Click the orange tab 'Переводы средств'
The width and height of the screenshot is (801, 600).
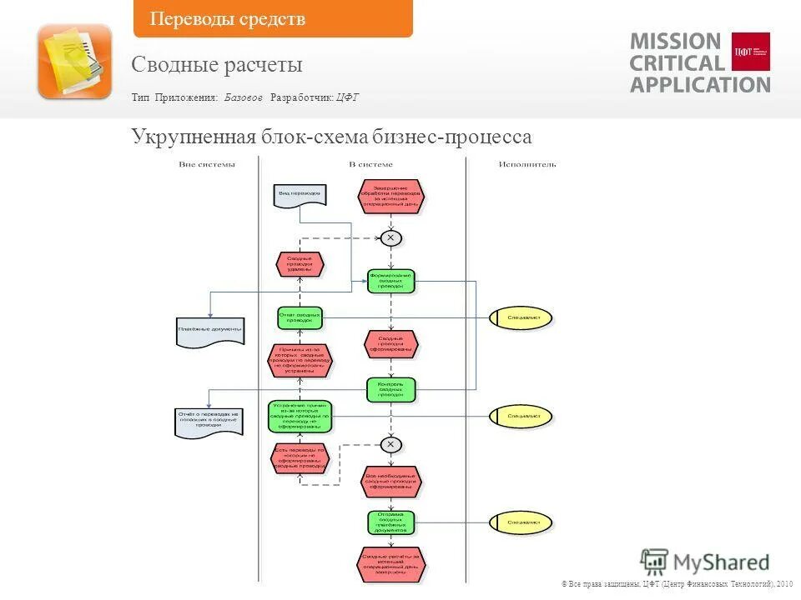pos(272,19)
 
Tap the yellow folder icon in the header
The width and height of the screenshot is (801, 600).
pos(74,61)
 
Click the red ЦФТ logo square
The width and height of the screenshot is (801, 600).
pos(750,52)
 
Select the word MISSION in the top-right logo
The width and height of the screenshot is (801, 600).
pos(675,42)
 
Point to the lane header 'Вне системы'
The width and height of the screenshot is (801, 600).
pos(207,164)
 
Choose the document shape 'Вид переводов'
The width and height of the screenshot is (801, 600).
pos(300,194)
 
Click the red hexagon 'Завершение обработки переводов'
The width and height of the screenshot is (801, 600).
pos(391,196)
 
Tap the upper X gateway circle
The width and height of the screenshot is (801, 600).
pos(390,237)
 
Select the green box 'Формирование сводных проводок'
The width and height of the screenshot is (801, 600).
pos(390,281)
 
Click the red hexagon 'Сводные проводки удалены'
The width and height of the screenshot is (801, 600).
pos(300,264)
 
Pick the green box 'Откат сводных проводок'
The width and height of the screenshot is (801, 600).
pos(300,317)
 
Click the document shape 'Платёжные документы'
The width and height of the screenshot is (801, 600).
pos(210,331)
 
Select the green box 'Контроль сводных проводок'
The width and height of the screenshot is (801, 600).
pos(390,388)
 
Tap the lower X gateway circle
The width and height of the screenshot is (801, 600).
pos(390,444)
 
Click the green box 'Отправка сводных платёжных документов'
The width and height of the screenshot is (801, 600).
pos(390,522)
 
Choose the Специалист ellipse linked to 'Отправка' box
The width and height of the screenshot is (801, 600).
pos(521,522)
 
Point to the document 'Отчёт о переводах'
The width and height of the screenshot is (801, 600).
pos(209,421)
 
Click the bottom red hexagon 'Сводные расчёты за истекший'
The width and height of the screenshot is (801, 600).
pos(391,564)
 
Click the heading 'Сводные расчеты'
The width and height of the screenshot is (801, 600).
pos(217,65)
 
